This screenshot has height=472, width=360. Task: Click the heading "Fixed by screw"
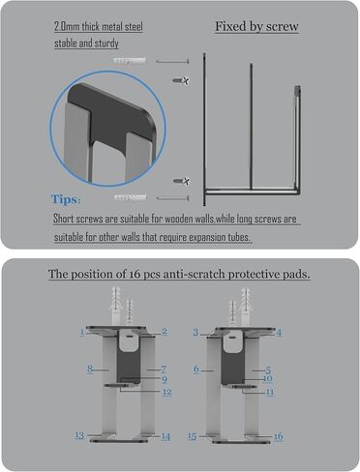coord(256,27)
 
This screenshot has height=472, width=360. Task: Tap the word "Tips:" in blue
coord(66,199)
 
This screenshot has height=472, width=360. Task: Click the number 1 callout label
coord(82,331)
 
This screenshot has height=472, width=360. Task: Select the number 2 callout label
coord(165,331)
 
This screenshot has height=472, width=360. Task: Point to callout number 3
coord(195,332)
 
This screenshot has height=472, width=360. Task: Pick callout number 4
coord(279,333)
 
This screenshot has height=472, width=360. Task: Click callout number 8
coord(90,369)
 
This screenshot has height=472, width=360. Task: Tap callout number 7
coord(164,369)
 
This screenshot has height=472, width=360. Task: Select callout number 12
coord(166,392)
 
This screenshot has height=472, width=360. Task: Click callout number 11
coord(270,392)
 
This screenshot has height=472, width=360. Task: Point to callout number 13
coord(79,435)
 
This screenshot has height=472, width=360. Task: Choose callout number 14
coord(165,436)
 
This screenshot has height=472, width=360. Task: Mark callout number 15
coord(192,436)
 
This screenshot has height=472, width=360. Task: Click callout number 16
coord(278,437)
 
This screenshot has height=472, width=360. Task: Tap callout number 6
coord(196,369)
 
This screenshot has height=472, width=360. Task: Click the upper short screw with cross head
coord(181,80)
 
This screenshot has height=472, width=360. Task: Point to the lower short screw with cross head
coord(181,181)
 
